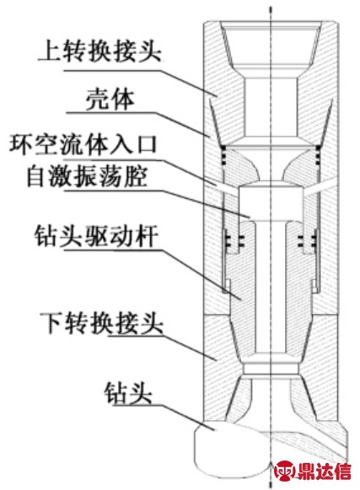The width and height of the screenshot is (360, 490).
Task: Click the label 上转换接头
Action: tap(99, 51)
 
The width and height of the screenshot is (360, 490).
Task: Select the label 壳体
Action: tap(110, 100)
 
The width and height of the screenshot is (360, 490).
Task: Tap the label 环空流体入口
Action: tap(83, 145)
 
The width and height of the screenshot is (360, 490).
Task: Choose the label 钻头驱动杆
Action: tap(95, 235)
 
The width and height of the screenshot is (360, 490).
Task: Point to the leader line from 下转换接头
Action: tap(162, 347)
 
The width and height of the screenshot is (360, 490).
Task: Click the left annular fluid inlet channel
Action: tap(227, 190)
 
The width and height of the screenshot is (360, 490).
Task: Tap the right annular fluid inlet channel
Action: tap(320, 188)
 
